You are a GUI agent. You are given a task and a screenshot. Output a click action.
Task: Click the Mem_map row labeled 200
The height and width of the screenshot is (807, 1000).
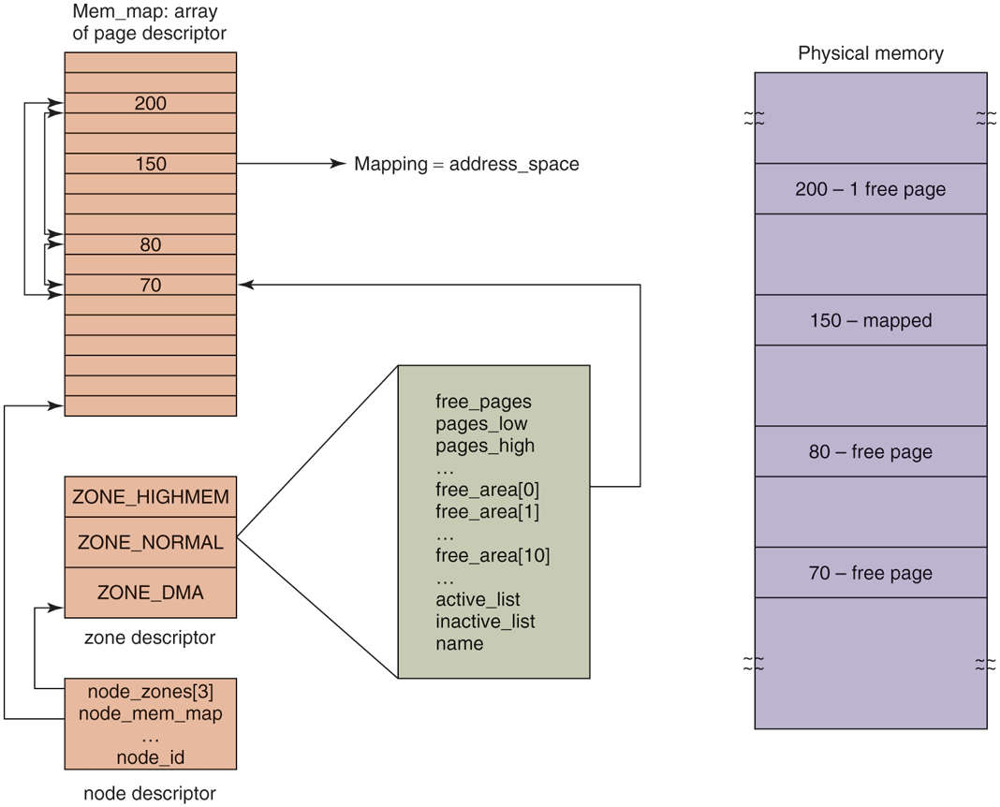150,103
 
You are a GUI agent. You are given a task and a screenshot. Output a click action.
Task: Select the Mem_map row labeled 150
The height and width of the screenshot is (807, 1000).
150,164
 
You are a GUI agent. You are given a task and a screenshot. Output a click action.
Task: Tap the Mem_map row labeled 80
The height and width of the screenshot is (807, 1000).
150,245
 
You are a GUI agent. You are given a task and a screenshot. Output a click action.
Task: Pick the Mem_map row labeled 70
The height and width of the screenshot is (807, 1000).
150,286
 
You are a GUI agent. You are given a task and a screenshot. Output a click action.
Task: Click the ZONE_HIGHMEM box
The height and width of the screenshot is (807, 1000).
150,497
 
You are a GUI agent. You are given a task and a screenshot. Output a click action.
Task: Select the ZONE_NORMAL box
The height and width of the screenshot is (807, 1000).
150,542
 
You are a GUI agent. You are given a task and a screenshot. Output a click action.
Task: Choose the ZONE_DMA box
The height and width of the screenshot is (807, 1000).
150,593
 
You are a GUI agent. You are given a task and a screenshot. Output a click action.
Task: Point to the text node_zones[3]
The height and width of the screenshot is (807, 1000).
150,694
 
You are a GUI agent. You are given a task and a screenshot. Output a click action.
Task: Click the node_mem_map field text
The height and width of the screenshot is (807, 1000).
150,714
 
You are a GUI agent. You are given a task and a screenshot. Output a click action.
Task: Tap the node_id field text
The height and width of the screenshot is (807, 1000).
150,756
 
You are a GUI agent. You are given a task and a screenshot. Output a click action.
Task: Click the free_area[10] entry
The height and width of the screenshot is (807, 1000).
493,556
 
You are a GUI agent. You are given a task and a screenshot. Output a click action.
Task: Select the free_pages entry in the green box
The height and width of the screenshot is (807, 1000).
483,402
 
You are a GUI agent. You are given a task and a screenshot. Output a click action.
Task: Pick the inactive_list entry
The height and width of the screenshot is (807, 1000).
485,622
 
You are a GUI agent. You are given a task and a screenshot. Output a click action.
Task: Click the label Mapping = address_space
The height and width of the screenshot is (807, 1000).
466,165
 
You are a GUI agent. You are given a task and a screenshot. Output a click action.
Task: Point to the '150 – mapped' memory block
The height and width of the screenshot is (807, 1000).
870,320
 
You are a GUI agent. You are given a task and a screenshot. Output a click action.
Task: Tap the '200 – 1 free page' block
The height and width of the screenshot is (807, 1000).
870,189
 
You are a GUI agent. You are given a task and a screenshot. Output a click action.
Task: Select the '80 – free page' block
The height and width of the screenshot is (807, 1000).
870,451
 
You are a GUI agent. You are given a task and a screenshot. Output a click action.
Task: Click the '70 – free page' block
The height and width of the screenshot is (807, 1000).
870,573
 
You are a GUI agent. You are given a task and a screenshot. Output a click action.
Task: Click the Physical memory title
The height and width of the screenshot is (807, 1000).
870,53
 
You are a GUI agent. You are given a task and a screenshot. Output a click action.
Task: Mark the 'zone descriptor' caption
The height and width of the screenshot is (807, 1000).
150,638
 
